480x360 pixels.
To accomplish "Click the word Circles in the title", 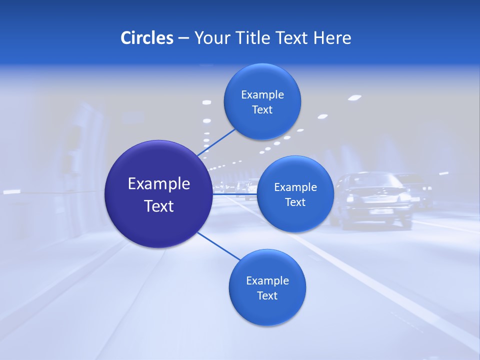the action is [146, 38].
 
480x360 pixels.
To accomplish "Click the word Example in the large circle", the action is [159, 184].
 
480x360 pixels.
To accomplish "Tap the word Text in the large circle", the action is [159, 206].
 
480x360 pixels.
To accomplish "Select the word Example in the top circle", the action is [262, 94].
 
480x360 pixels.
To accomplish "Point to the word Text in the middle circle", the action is [295, 202].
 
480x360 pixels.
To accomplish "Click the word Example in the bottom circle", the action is [267, 280].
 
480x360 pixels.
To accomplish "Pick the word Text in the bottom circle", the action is [267, 295].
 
